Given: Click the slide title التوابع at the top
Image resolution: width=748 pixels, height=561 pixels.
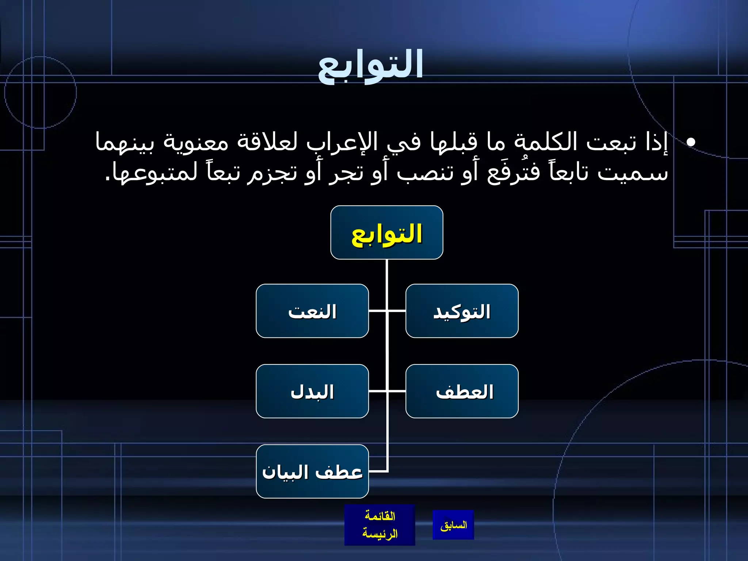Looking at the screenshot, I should point(370,66).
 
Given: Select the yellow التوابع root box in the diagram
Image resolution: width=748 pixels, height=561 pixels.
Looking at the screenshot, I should point(387,233).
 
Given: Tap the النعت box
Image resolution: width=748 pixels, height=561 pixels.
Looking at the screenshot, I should point(312,311).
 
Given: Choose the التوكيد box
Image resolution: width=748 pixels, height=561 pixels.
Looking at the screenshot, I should point(462,311).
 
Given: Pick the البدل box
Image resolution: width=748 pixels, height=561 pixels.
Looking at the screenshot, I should point(312,392).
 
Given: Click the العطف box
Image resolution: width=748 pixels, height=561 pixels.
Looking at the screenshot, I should point(462,392).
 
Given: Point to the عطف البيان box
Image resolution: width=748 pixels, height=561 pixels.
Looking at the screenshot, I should point(312,472).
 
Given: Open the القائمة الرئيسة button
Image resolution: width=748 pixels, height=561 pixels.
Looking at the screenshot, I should point(379,525).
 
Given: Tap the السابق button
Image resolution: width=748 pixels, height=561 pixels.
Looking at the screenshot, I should point(453,525).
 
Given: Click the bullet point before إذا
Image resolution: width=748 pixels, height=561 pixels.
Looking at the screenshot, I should point(690,142).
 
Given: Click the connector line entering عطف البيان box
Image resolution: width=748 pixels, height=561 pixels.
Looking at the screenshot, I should point(378,472).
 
